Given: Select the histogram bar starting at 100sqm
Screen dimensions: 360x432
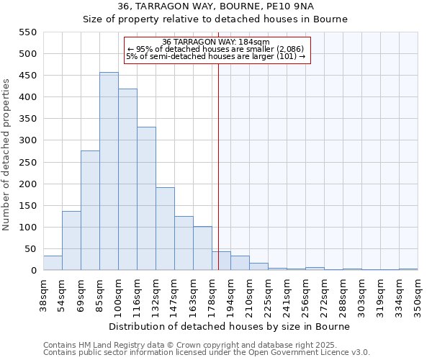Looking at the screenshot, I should pyautogui.click(x=127, y=179).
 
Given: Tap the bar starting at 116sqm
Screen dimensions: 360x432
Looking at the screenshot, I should pyautogui.click(x=146, y=199).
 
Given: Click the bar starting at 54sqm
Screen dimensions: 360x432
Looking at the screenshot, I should pyautogui.click(x=71, y=240).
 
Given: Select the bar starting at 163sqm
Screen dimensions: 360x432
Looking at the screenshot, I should pyautogui.click(x=202, y=248).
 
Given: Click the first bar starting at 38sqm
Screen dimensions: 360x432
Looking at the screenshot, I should pyautogui.click(x=53, y=263).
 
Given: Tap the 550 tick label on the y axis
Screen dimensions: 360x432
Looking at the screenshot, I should pyautogui.click(x=27, y=32).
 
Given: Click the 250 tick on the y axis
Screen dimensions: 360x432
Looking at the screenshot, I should pyautogui.click(x=27, y=163).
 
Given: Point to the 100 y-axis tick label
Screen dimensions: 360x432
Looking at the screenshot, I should pyautogui.click(x=27, y=228).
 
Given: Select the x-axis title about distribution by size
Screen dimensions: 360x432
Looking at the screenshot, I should pyautogui.click(x=230, y=326).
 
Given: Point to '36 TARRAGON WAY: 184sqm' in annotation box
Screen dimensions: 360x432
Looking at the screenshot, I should pyautogui.click(x=217, y=42).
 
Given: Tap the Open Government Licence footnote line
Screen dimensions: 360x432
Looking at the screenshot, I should pyautogui.click(x=206, y=353).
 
